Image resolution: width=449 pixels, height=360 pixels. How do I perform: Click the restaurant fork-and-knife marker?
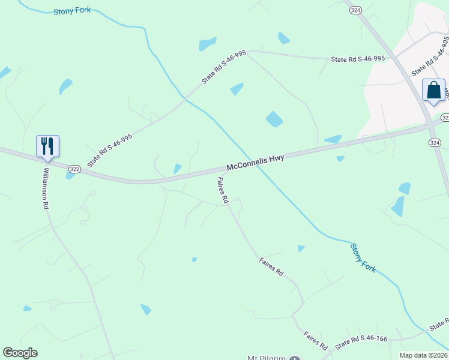(47, 146)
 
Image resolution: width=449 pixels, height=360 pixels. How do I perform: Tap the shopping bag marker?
(433, 91)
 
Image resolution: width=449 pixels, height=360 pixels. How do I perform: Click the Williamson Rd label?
(46, 187)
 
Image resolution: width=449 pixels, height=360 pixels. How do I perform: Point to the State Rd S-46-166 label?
(361, 342)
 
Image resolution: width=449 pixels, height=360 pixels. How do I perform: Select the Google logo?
(20, 353)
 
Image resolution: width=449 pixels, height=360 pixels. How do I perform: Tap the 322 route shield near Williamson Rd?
(74, 170)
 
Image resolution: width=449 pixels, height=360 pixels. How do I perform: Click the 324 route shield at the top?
(355, 10)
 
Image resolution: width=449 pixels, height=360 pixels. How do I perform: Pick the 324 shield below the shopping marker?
(435, 142)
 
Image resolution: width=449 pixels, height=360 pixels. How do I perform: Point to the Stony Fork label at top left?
(72, 11)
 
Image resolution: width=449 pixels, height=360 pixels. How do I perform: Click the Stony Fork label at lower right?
(363, 258)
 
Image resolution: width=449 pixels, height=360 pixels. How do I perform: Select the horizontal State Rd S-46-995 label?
(358, 59)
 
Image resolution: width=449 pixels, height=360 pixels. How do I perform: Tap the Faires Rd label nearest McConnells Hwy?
(223, 190)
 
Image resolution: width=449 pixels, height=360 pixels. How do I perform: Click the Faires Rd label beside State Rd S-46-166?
(315, 341)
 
